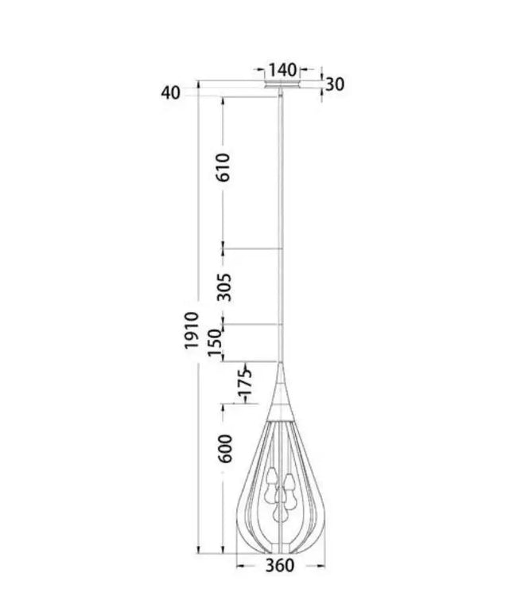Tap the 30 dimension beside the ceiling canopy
tap(334, 84)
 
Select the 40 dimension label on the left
tap(171, 92)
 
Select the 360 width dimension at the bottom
tap(279, 566)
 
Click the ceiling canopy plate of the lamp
tap(282, 84)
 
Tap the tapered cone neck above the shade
tap(281, 390)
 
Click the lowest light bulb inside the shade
tap(280, 514)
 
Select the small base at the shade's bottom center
tap(280, 549)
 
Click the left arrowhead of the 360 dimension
tap(240, 566)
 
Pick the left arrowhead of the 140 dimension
tap(265, 69)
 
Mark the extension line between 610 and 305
tap(253, 249)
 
